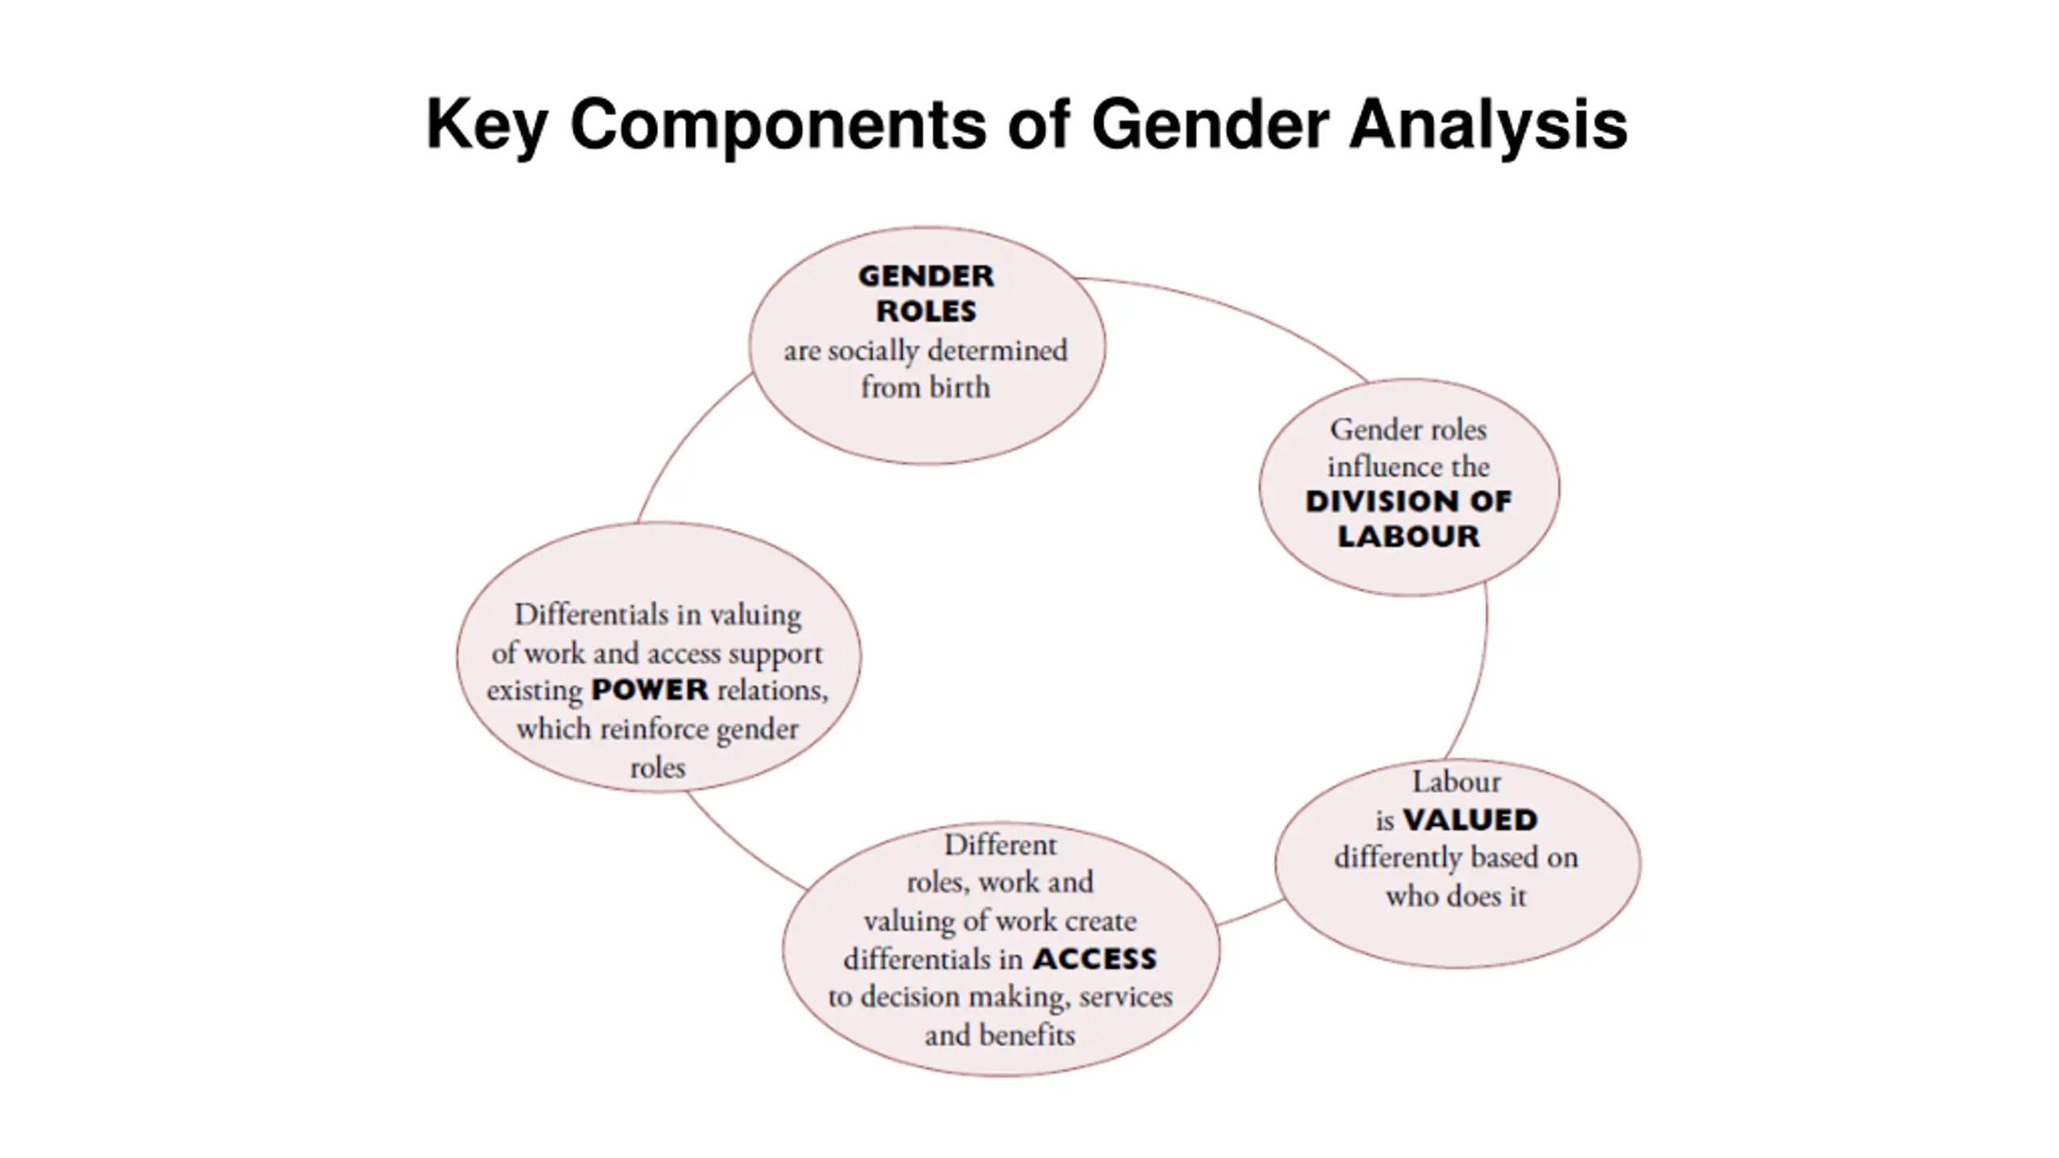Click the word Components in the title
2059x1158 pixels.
(778, 125)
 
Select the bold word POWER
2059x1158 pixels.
(650, 690)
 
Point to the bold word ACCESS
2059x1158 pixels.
(1095, 959)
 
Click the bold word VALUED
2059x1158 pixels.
(1470, 820)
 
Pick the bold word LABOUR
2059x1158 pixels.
(1408, 536)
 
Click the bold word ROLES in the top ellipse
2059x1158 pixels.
(926, 311)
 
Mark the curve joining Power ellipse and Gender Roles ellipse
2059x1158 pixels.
(684, 438)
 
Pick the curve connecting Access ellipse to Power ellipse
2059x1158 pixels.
(740, 848)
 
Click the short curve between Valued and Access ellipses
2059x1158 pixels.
(1251, 914)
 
